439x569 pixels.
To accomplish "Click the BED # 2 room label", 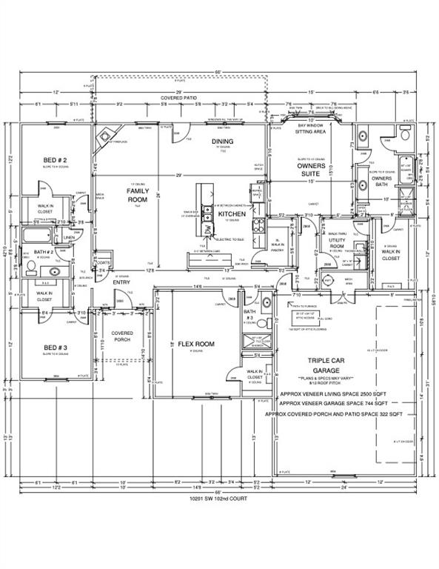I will click(x=56, y=160).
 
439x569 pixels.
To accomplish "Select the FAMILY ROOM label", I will click(x=138, y=196).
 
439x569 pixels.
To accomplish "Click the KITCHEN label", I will click(x=231, y=214).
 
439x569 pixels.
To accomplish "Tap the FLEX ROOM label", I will click(x=196, y=345).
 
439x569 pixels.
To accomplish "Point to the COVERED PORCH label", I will click(x=122, y=338).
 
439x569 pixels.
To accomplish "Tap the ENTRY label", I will click(x=121, y=282).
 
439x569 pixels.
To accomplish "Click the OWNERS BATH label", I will click(x=382, y=182).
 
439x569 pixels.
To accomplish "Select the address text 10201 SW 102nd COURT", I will click(x=219, y=499).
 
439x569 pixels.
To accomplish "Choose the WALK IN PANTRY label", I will click(x=277, y=244).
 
